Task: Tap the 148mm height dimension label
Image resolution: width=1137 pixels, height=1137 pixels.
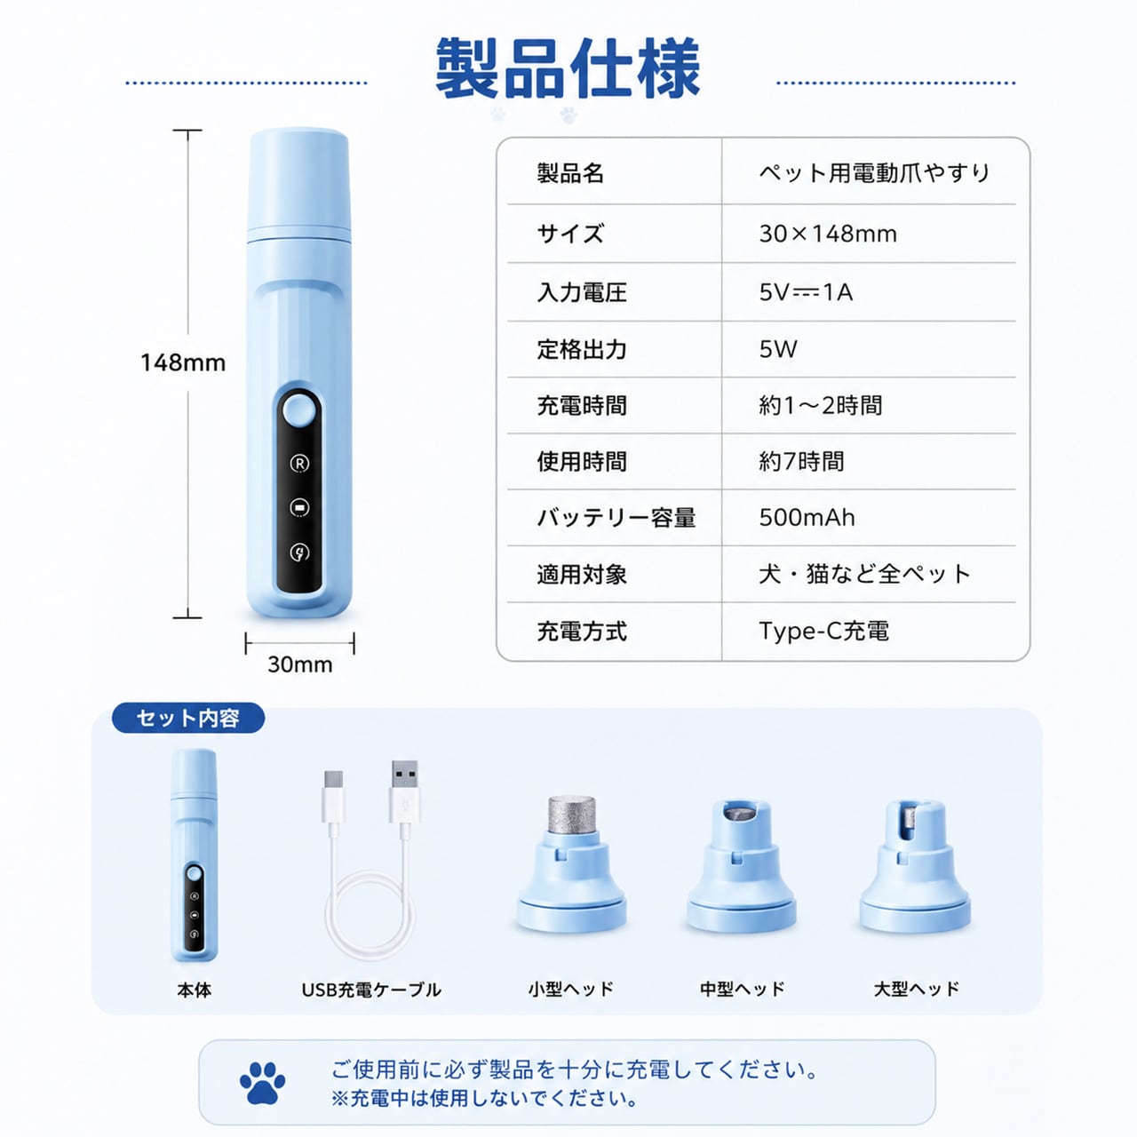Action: pyautogui.click(x=183, y=362)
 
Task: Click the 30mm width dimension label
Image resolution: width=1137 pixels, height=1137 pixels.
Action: pyautogui.click(x=299, y=664)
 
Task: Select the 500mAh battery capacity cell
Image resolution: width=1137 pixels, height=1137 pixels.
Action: pyautogui.click(x=807, y=518)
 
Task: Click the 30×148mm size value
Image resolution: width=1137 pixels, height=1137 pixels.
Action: pyautogui.click(x=828, y=234)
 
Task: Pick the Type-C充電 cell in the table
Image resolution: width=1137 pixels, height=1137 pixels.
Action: pyautogui.click(x=823, y=631)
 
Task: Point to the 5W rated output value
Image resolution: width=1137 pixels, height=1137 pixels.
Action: pyautogui.click(x=777, y=349)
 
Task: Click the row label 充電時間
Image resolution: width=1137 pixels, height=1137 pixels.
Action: pyautogui.click(x=581, y=406)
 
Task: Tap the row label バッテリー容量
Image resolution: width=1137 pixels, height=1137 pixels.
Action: pyautogui.click(x=616, y=518)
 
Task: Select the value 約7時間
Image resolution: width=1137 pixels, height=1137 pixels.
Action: pyautogui.click(x=801, y=461)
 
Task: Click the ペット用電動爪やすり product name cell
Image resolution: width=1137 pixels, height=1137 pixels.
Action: pyautogui.click(x=874, y=173)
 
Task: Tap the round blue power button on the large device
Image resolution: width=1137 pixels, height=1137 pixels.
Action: pyautogui.click(x=299, y=410)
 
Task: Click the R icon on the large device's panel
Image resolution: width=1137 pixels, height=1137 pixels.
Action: pyautogui.click(x=299, y=463)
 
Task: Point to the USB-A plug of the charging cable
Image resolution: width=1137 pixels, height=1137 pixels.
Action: pyautogui.click(x=405, y=791)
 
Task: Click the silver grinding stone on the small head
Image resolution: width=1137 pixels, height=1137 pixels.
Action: pyautogui.click(x=570, y=815)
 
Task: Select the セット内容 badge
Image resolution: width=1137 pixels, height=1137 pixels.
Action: pyautogui.click(x=188, y=718)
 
